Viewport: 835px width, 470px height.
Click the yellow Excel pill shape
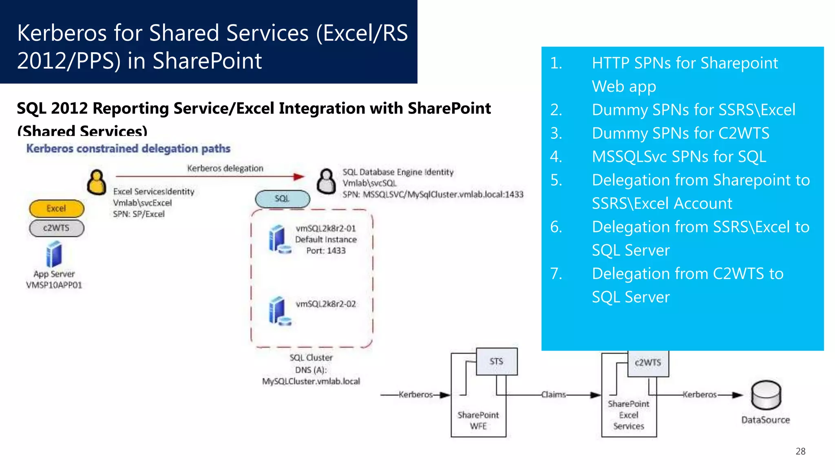click(56, 208)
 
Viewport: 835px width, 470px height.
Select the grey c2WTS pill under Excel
click(56, 228)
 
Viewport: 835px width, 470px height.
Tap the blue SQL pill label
click(282, 199)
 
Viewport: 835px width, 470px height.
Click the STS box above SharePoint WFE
click(497, 361)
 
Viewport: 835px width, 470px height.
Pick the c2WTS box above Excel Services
click(648, 363)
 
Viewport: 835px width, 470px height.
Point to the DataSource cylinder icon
click(766, 395)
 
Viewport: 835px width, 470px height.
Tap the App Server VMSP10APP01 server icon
click(54, 254)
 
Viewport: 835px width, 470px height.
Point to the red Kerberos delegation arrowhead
click(300, 177)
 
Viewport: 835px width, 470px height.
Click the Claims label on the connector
click(553, 395)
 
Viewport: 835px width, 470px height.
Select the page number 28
click(800, 451)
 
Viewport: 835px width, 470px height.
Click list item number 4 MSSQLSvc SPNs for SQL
click(679, 157)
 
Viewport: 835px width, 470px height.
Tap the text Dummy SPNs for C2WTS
click(680, 133)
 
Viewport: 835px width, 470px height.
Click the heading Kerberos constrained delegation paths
click(128, 149)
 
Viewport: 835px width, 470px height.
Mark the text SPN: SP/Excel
click(139, 214)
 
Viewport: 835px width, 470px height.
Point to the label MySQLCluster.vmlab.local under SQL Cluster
click(311, 381)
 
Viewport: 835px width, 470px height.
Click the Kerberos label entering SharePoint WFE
click(415, 395)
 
